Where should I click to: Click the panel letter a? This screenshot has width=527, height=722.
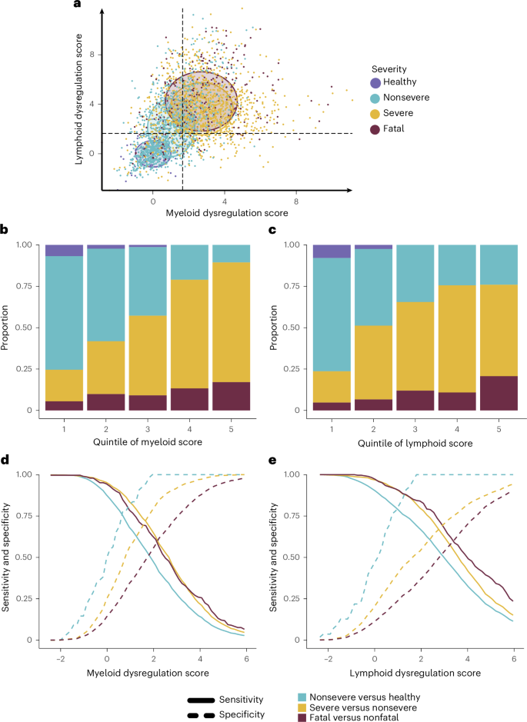pos(76,6)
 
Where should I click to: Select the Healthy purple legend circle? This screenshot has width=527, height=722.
pos(375,83)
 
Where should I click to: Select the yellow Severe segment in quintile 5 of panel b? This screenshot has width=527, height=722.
pos(231,322)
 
